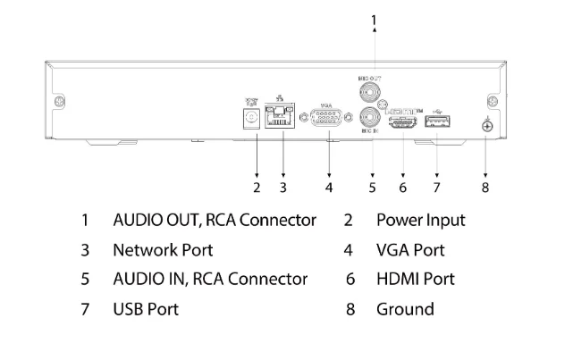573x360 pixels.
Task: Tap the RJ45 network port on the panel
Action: pos(282,117)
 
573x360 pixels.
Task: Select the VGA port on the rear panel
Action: pos(328,118)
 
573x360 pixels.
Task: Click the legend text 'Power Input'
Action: pos(420,220)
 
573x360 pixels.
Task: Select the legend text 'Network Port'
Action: pos(162,250)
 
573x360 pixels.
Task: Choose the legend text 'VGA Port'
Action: pos(410,250)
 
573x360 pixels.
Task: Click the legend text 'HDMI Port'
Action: pos(415,280)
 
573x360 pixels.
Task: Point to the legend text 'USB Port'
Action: pos(145,309)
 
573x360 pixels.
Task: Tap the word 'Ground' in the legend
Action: pos(405,309)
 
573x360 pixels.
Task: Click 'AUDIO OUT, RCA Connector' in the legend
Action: pos(214,220)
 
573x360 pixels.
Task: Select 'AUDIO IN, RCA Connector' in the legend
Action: pos(209,280)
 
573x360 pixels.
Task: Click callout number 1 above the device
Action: pos(374,18)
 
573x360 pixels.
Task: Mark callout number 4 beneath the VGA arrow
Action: pos(328,188)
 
